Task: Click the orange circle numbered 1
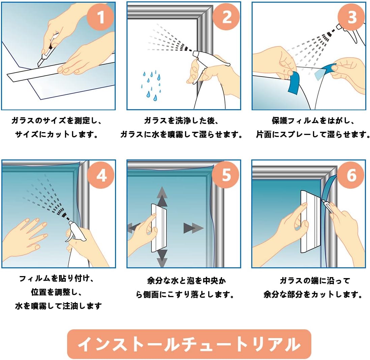tap(101, 17)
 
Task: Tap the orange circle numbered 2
tap(226, 17)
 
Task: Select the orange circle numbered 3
tap(351, 17)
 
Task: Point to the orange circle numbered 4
tap(101, 175)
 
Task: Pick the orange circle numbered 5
tap(226, 175)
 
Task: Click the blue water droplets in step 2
tap(151, 85)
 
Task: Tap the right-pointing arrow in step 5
tap(193, 228)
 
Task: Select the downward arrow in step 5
tap(162, 259)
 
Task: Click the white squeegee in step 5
tap(159, 228)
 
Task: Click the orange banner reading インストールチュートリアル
tap(189, 344)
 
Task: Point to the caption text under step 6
tap(313, 288)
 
